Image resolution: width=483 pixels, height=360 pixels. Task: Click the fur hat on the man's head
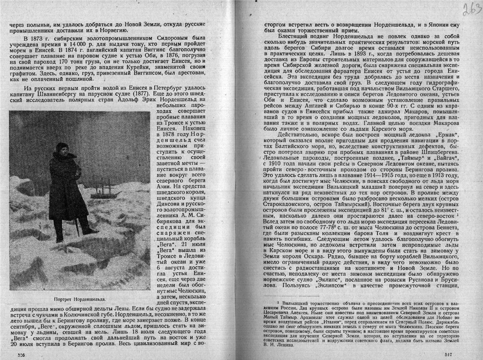click(x=62, y=147)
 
